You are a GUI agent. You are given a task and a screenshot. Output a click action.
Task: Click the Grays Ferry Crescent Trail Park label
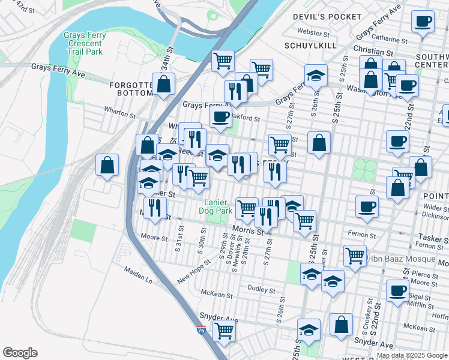[85, 43]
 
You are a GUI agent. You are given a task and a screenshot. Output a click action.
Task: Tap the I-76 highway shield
[201, 330]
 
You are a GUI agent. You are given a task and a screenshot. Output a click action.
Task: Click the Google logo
[20, 352]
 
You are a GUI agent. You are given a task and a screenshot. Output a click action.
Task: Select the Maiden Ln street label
[138, 276]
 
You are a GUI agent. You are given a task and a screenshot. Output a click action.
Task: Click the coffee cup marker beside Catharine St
[423, 22]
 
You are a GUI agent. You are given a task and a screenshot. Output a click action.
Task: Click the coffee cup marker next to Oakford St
[220, 116]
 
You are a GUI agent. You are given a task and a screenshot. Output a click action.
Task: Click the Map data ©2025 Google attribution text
[412, 355]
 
